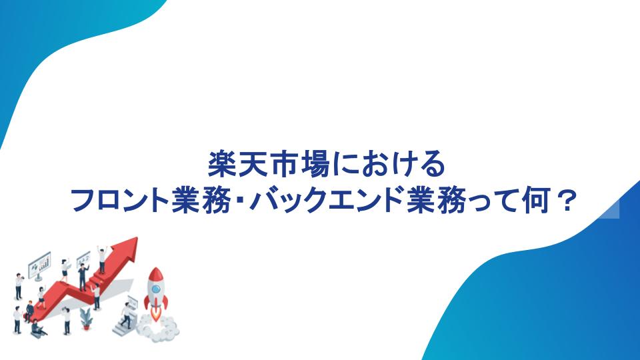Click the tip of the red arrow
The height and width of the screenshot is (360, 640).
[137, 238]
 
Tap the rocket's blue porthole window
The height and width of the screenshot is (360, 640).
[156, 289]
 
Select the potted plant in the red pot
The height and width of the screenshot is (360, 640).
[86, 319]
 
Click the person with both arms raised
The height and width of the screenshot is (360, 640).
[102, 259]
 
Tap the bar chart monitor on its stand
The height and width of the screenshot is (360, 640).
[39, 266]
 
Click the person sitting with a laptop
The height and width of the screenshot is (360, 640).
[37, 329]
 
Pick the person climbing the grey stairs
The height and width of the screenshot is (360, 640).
[126, 315]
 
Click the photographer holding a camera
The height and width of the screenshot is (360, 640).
[19, 286]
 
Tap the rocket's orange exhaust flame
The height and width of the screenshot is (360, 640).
[156, 314]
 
